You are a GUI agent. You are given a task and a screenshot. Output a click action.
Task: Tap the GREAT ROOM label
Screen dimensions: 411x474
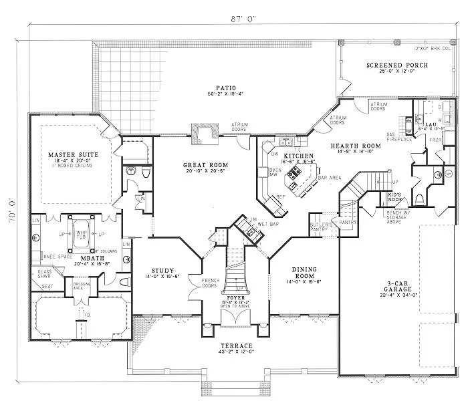point(206,164)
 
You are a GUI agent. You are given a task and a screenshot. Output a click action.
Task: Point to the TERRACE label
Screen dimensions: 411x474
point(235,346)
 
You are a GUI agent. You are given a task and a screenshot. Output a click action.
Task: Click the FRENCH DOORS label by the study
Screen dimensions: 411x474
point(195,283)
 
